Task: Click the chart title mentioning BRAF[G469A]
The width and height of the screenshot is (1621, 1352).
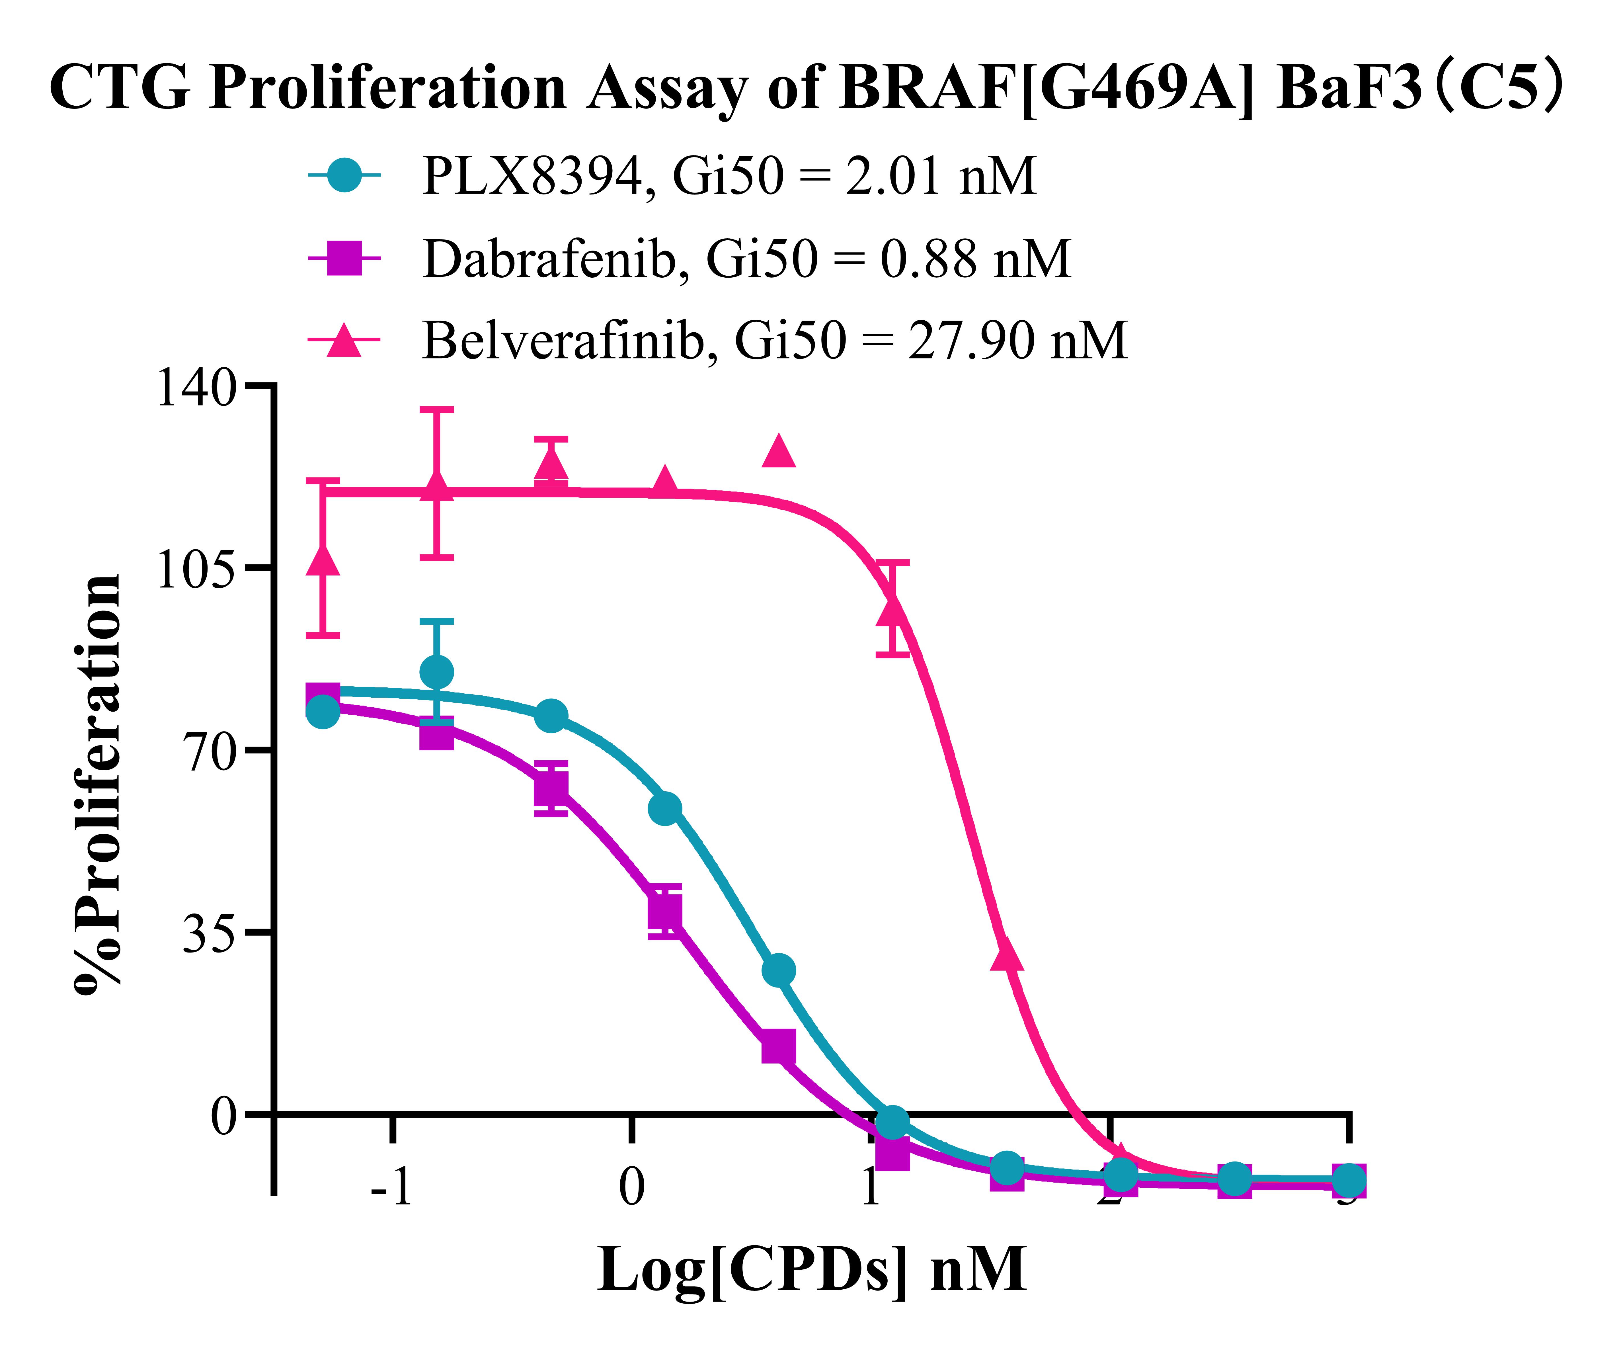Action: tap(807, 87)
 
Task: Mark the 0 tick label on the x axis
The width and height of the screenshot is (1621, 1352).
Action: tap(631, 1187)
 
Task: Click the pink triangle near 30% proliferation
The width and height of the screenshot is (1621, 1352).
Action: tap(1007, 955)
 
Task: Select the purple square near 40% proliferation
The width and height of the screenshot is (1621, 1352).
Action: tap(665, 911)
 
